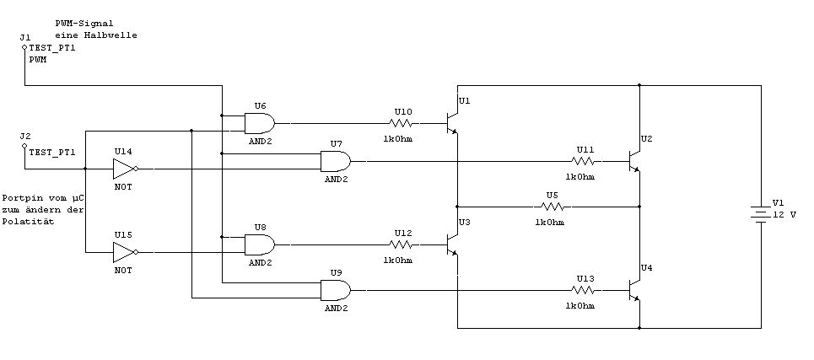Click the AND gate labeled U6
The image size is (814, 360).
coord(260,123)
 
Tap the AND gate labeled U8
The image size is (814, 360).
coord(260,245)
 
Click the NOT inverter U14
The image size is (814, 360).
coord(124,169)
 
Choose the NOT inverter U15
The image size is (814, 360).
coord(124,251)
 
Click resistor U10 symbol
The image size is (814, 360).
coord(403,123)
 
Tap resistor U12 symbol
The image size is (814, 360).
coord(403,245)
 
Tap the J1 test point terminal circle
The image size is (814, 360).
coord(24,48)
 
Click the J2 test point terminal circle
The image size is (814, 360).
coord(24,145)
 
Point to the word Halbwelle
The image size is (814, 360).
coord(112,35)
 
